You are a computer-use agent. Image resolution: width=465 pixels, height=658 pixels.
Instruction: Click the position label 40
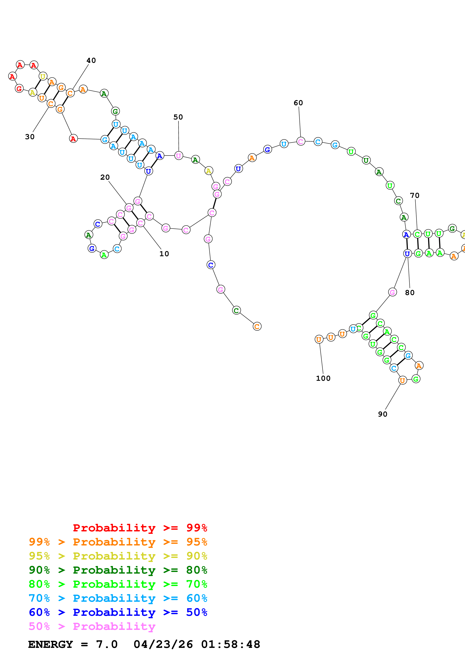91,60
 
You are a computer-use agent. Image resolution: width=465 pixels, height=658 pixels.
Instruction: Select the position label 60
298,103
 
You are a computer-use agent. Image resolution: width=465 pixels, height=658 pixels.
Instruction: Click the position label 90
382,414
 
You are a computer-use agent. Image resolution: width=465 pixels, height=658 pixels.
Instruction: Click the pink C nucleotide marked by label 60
300,141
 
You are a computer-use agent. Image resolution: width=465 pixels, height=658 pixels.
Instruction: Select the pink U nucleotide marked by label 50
179,156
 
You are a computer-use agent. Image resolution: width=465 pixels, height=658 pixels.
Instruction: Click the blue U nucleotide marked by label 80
407,254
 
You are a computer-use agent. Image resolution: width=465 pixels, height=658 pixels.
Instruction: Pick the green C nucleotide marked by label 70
417,234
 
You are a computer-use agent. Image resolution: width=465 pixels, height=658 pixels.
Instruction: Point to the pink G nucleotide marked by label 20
129,208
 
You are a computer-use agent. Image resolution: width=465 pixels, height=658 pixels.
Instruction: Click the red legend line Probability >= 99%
140,528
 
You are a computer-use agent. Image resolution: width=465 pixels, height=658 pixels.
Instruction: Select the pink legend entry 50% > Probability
92,626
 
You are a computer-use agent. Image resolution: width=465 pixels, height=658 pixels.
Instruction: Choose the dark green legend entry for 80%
118,570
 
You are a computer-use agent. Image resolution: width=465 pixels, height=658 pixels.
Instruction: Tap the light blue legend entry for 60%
118,598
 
